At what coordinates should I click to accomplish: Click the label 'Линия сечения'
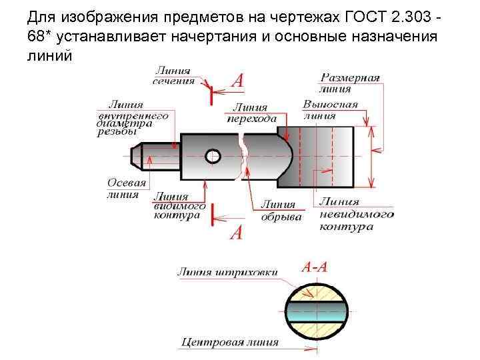[173, 76]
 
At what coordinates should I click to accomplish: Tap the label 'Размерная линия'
[351, 82]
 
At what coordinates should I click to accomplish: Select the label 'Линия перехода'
[251, 113]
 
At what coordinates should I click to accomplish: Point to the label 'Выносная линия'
[329, 109]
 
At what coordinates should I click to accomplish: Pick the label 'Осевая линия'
[123, 188]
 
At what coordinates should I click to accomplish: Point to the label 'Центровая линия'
[229, 343]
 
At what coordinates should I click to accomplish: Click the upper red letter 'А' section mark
[237, 81]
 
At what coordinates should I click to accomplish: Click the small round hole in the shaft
[213, 156]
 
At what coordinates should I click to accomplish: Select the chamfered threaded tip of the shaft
[135, 156]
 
